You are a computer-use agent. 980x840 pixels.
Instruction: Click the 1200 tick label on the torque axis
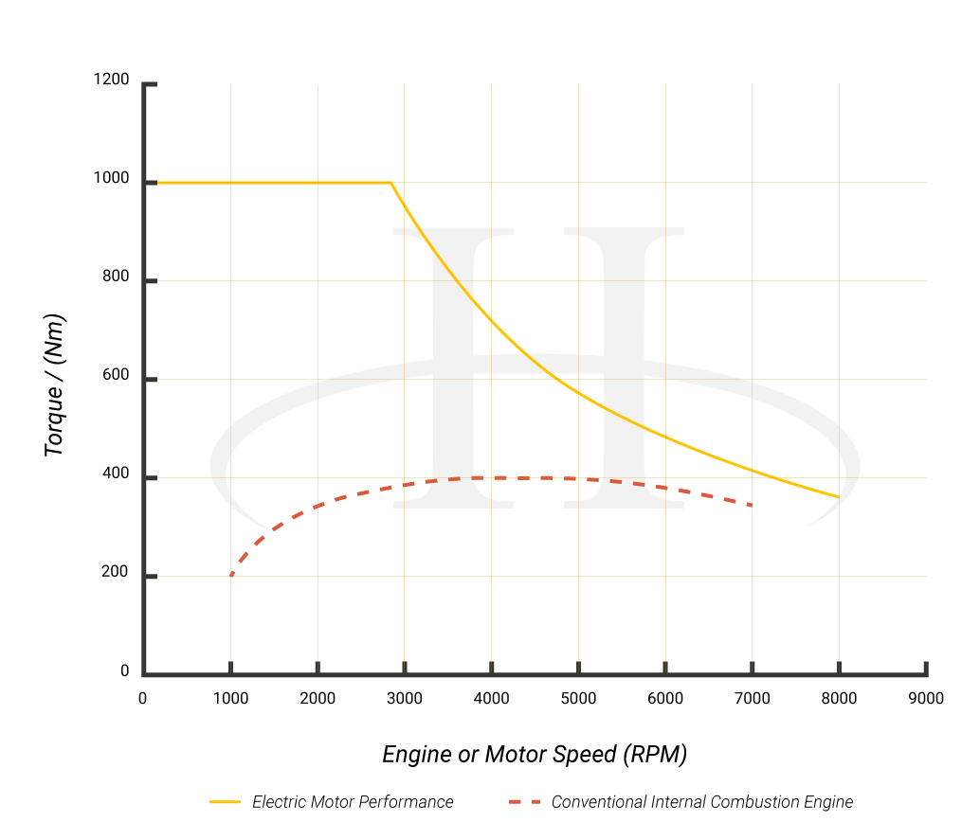111,80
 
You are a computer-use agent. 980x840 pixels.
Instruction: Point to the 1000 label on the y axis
111,179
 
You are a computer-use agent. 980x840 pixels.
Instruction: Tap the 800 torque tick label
116,277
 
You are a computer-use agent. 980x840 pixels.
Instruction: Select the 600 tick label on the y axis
116,376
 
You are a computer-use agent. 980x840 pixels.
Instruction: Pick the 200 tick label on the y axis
116,573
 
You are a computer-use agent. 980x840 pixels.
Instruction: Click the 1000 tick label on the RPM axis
230,699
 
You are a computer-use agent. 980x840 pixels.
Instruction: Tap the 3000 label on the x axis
405,699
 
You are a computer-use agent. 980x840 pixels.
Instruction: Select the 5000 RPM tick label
578,699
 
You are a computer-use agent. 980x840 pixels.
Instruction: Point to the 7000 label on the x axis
753,699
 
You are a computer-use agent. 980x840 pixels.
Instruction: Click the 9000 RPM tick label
926,699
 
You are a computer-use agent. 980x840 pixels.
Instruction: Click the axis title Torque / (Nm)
55,384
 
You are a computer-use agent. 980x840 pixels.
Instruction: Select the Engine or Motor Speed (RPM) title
535,754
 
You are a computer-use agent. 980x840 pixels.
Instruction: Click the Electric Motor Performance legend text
353,802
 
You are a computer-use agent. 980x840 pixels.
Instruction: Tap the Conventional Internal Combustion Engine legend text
702,802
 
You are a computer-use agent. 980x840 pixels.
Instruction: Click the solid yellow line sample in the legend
226,802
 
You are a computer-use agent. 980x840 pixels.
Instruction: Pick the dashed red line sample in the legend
524,802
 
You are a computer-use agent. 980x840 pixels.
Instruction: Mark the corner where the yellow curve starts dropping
390,182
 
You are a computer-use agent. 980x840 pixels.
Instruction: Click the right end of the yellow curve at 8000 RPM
838,496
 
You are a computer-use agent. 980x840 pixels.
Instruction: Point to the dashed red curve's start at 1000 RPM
231,575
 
